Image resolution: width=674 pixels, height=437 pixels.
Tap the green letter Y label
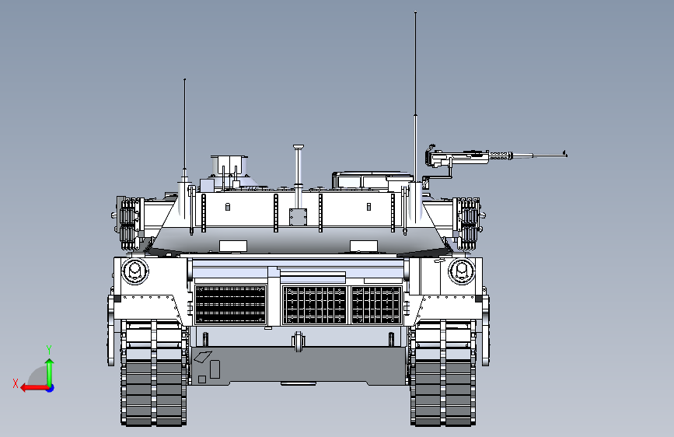click(x=48, y=349)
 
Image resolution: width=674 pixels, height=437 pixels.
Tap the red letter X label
click(x=16, y=383)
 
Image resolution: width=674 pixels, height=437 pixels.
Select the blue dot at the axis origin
click(x=50, y=387)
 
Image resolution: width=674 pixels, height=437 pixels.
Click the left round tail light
click(x=134, y=271)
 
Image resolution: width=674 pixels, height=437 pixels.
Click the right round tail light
click(x=461, y=271)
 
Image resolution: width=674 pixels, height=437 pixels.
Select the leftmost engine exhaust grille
click(x=230, y=304)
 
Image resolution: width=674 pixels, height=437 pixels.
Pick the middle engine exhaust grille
click(x=315, y=304)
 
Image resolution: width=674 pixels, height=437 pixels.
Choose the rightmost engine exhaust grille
click(x=376, y=304)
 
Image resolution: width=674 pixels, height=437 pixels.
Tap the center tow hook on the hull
click(x=298, y=341)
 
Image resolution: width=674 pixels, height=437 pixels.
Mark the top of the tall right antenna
click(x=416, y=13)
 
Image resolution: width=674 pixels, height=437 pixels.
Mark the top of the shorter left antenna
click(x=184, y=80)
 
